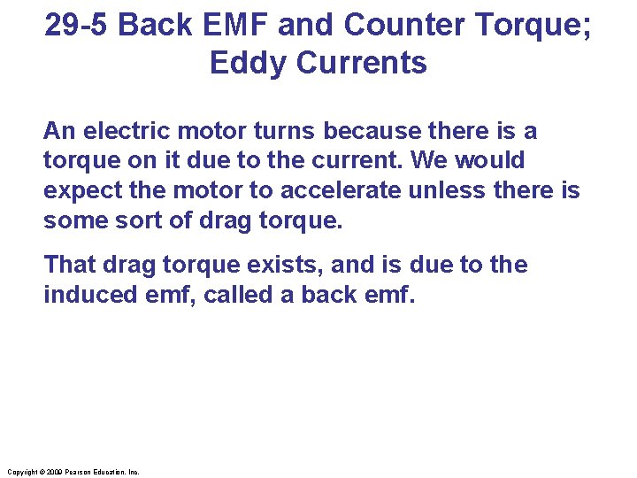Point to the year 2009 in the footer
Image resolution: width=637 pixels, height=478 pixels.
click(53, 472)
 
